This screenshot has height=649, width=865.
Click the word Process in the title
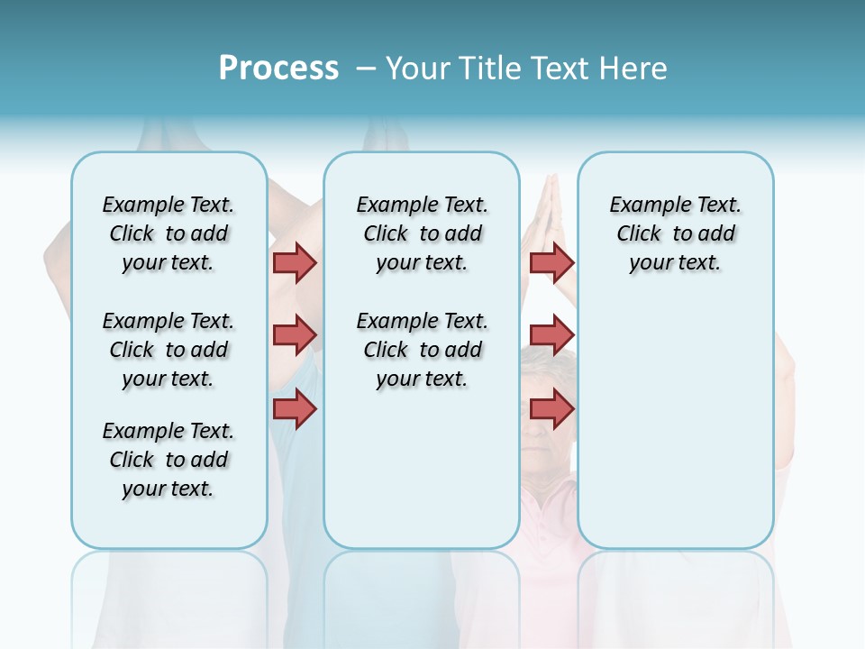[x=278, y=69]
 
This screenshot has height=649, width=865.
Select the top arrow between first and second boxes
[x=295, y=262]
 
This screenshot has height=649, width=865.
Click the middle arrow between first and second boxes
[x=295, y=335]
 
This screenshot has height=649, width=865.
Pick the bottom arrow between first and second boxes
[x=295, y=409]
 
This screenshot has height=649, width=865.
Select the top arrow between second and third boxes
[x=551, y=262]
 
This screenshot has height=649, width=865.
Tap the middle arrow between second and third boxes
[x=551, y=335]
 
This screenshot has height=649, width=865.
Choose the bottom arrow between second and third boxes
[x=551, y=409]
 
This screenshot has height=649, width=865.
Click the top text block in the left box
[x=168, y=233]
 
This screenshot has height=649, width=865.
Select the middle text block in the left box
[x=168, y=350]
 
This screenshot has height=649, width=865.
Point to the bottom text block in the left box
[x=168, y=460]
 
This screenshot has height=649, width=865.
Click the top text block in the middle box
[x=422, y=233]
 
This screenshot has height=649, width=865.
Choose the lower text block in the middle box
[x=422, y=350]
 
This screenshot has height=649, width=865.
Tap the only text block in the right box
[x=675, y=233]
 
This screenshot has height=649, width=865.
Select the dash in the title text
[x=366, y=69]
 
